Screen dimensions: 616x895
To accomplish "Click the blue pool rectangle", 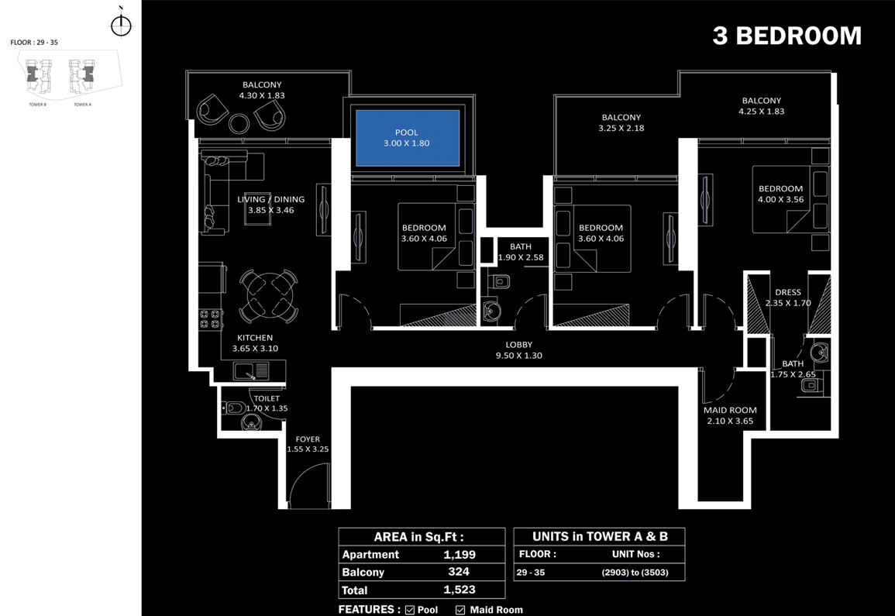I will coord(408,138).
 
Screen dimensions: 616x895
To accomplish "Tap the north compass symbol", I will coord(121,25).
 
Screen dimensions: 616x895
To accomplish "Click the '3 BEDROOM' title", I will coord(787,36).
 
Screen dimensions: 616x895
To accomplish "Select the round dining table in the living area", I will coord(267,295).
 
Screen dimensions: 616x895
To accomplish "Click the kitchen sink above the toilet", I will coord(252,371).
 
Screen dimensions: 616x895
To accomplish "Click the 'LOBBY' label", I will coord(518,345).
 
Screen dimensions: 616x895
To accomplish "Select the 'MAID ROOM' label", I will coord(730,411).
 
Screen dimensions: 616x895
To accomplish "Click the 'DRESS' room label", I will coord(787,293).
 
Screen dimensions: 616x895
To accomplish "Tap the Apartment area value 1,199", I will coord(460,555).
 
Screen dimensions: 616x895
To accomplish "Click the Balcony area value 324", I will coord(460,572).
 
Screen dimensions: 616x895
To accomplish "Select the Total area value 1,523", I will coord(460,590).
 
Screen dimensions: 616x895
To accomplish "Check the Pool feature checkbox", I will coord(410,610).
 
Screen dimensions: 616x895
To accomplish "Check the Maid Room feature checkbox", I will coord(460,610).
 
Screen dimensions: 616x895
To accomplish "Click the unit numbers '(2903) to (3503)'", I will coord(634,573).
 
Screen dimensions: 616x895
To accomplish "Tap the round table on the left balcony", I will coord(239,122).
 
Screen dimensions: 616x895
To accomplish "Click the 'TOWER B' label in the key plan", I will coord(38,104).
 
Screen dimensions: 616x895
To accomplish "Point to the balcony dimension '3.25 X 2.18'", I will coord(621,128).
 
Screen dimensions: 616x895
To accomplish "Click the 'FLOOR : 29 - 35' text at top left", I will coord(34,43).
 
